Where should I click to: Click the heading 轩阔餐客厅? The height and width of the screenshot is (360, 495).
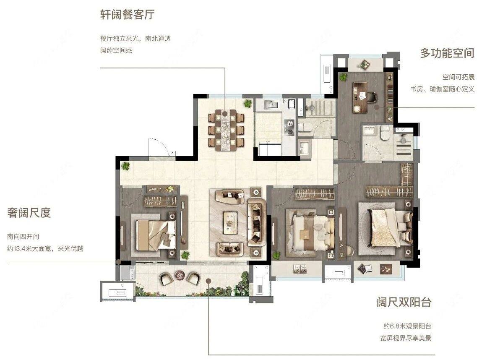pos(127,16)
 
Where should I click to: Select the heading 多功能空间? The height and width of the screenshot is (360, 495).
pos(447,53)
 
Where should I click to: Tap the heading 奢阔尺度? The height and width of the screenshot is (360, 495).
pos(29,213)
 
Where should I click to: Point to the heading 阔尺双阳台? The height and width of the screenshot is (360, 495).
pos(403,303)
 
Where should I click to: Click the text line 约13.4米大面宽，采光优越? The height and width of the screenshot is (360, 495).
pos(45,248)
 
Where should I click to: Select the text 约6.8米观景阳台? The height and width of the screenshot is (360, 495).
pos(406,326)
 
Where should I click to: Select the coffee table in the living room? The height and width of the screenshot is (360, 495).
pos(230,219)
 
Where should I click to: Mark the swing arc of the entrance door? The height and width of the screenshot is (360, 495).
pos(162,147)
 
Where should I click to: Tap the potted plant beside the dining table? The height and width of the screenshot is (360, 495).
pos(248,103)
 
